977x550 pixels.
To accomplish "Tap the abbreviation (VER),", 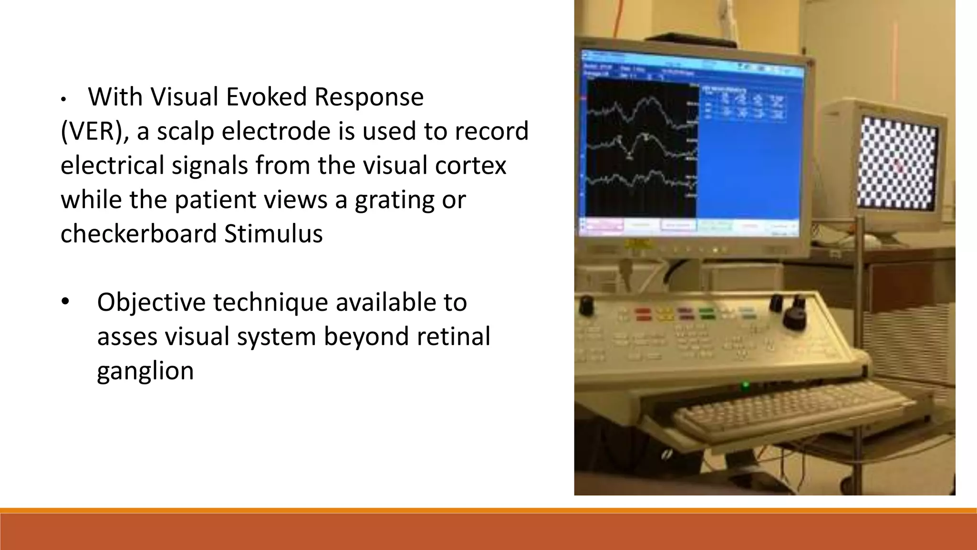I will (x=94, y=131).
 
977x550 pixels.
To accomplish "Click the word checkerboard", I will (x=138, y=234).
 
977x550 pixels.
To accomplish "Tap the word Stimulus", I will (x=273, y=234).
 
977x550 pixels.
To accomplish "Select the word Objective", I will (x=151, y=302).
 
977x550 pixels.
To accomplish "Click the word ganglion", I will (x=145, y=371).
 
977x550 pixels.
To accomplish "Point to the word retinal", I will (x=453, y=336).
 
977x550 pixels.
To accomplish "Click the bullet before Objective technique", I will (x=65, y=302).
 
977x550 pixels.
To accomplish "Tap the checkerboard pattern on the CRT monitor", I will (x=897, y=167).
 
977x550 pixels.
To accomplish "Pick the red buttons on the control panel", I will (x=643, y=314).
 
